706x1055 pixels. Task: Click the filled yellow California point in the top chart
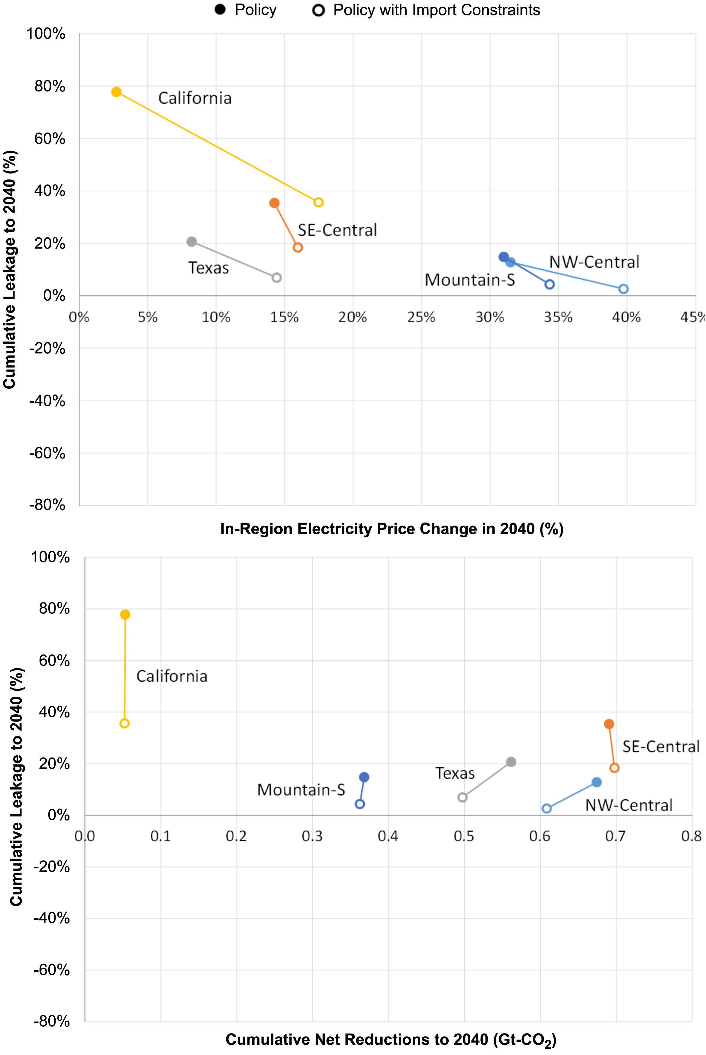pyautogui.click(x=116, y=92)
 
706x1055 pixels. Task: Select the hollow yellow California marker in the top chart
pyautogui.click(x=318, y=202)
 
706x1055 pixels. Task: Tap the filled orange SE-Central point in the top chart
pyautogui.click(x=274, y=203)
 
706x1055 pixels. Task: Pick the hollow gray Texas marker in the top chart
pyautogui.click(x=276, y=278)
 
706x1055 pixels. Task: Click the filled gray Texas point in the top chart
pyautogui.click(x=191, y=242)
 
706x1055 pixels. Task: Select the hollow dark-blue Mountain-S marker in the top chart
pyautogui.click(x=549, y=285)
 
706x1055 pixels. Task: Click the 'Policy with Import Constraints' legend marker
pyautogui.click(x=318, y=10)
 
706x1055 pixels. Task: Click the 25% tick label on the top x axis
pyautogui.click(x=421, y=318)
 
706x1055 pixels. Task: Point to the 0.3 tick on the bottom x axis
pyautogui.click(x=312, y=836)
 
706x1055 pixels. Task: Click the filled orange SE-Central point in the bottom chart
pyautogui.click(x=609, y=724)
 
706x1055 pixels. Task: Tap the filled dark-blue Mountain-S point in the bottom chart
pyautogui.click(x=364, y=777)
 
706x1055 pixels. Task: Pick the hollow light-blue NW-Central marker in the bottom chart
pyautogui.click(x=546, y=808)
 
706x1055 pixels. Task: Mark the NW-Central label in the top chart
pyautogui.click(x=594, y=262)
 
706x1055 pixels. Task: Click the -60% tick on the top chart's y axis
pyautogui.click(x=47, y=453)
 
